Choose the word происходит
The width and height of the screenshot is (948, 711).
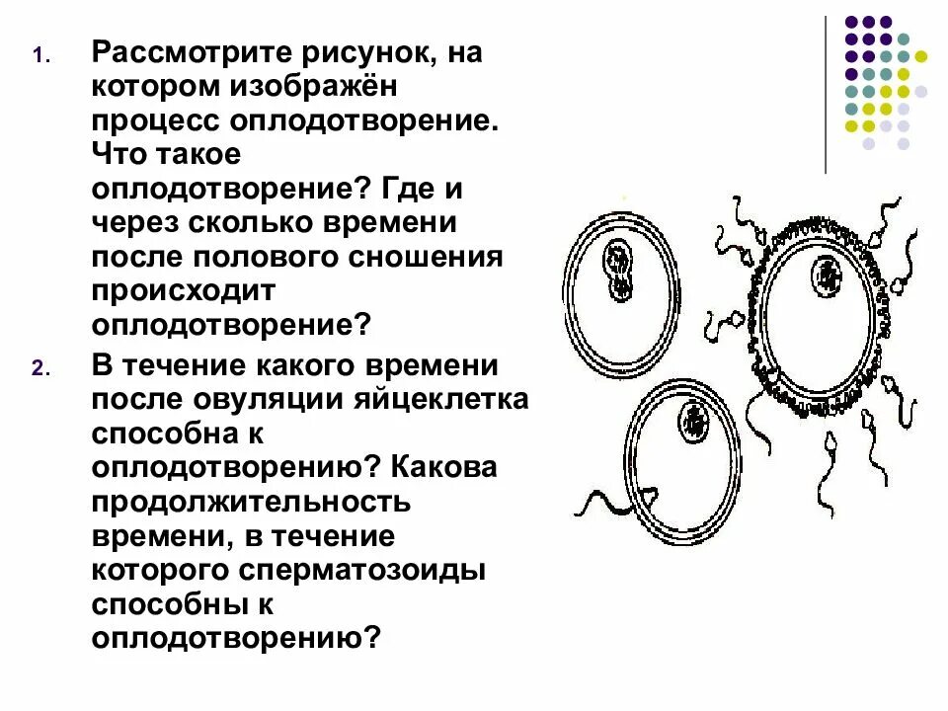[x=189, y=292]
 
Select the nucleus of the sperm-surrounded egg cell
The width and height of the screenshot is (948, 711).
[x=827, y=276]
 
